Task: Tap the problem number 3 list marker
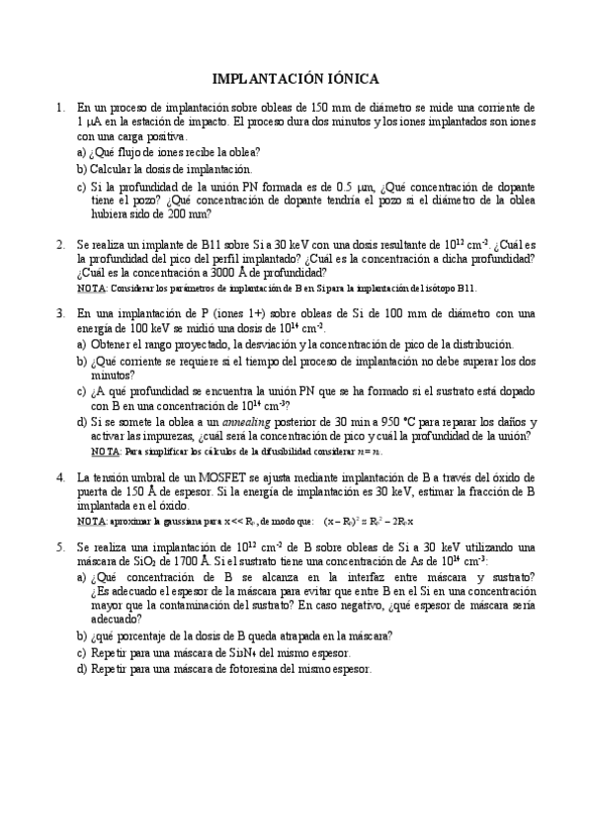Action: pyautogui.click(x=60, y=313)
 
